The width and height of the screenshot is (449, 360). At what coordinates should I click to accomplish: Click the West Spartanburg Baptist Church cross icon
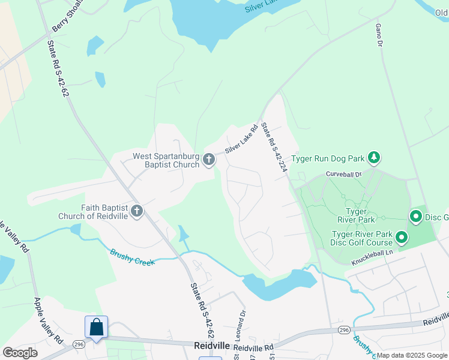click(x=209, y=159)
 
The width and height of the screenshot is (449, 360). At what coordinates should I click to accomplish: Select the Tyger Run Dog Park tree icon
click(x=375, y=157)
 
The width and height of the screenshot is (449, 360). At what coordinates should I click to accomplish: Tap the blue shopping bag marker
click(x=96, y=328)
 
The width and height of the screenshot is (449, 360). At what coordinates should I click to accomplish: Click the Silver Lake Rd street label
click(x=241, y=139)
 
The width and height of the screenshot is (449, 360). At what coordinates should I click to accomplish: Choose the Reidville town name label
click(x=212, y=346)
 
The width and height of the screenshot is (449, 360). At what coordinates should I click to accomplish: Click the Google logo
click(x=20, y=353)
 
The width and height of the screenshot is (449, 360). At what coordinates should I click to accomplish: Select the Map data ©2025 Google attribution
click(x=412, y=355)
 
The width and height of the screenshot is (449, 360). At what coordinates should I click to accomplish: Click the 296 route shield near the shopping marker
click(x=78, y=344)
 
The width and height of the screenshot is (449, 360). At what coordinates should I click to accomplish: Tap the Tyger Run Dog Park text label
click(x=328, y=159)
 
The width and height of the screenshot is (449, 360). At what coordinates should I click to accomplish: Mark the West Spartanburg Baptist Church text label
click(x=166, y=160)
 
